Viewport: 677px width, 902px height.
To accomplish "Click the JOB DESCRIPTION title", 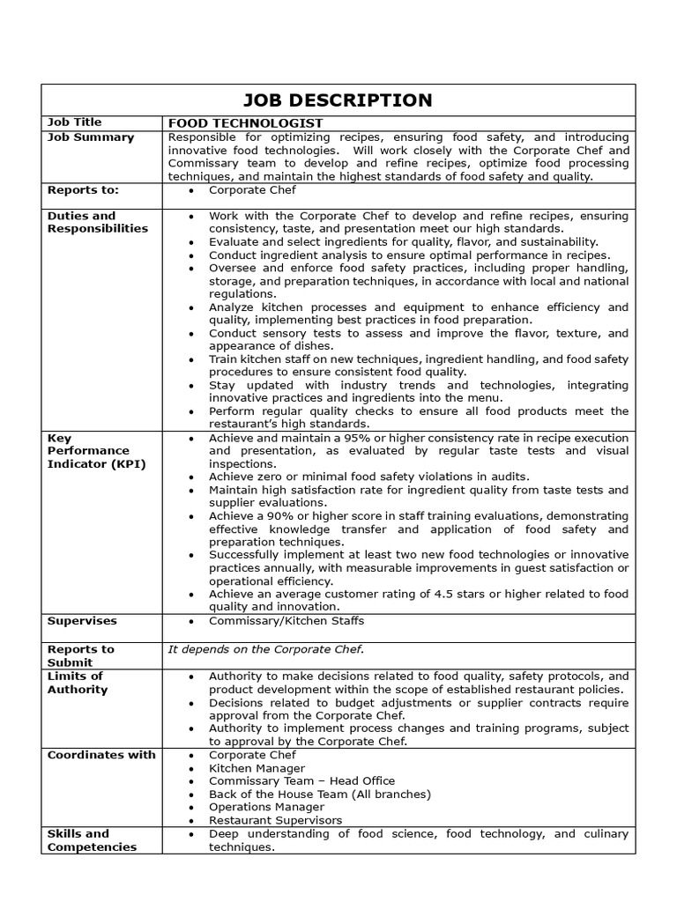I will [x=338, y=100].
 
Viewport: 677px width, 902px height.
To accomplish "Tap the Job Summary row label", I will [x=91, y=137].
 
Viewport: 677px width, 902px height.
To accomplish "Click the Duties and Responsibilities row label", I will [x=97, y=222].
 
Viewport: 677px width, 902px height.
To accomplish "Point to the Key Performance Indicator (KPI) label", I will [x=96, y=451].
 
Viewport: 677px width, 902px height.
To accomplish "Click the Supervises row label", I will [x=82, y=621].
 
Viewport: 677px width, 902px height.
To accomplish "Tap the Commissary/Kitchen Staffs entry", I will [x=274, y=621].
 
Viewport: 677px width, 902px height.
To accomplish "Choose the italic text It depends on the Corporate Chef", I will [x=265, y=649].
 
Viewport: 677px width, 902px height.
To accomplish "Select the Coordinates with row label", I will [x=101, y=755].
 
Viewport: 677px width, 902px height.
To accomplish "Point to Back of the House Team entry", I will [x=319, y=794].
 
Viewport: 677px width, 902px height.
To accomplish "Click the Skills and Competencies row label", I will [x=92, y=840].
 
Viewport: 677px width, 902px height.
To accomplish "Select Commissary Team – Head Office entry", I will [x=301, y=780].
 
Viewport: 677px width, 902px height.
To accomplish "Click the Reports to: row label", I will [x=83, y=189].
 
